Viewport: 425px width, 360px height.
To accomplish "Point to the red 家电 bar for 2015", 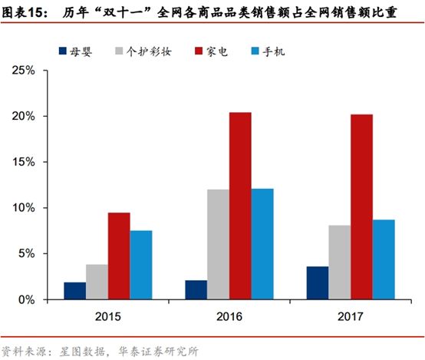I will [x=119, y=256].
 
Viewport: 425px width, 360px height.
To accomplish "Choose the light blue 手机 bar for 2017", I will [x=384, y=259].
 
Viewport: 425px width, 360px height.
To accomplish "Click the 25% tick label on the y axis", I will [x=24, y=71].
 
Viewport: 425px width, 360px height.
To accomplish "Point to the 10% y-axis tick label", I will [x=24, y=208].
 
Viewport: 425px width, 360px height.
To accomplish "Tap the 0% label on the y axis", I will [x=27, y=299].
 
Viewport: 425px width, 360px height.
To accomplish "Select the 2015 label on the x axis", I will [x=108, y=316].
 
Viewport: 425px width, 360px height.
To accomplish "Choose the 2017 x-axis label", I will [x=351, y=316].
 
